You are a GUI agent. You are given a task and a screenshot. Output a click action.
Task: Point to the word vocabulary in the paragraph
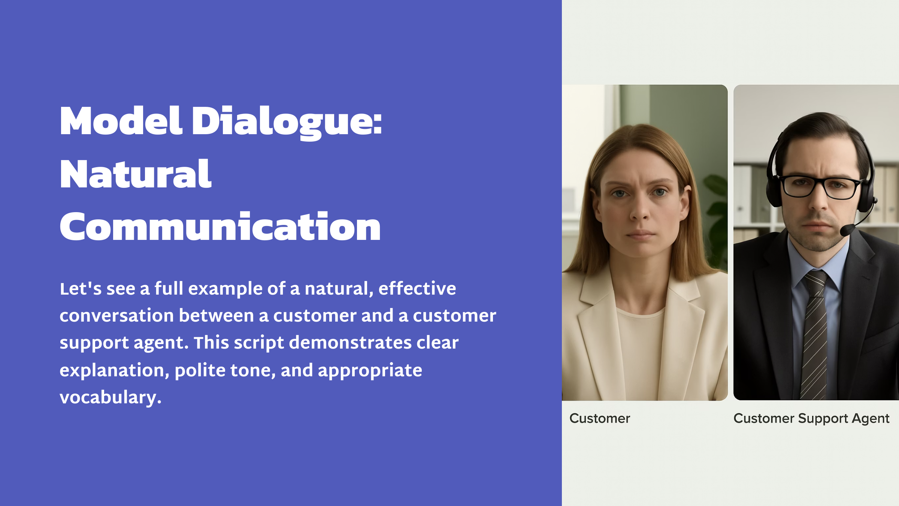click(x=111, y=397)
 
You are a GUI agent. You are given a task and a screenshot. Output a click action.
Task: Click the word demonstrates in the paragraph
click(x=350, y=342)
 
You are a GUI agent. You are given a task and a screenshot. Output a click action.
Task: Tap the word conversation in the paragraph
click(x=116, y=316)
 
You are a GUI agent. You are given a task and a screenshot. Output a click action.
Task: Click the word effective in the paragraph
click(x=417, y=288)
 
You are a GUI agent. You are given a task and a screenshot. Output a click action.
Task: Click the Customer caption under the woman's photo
click(x=600, y=418)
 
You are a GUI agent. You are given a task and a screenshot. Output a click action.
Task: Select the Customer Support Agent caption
click(x=811, y=418)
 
